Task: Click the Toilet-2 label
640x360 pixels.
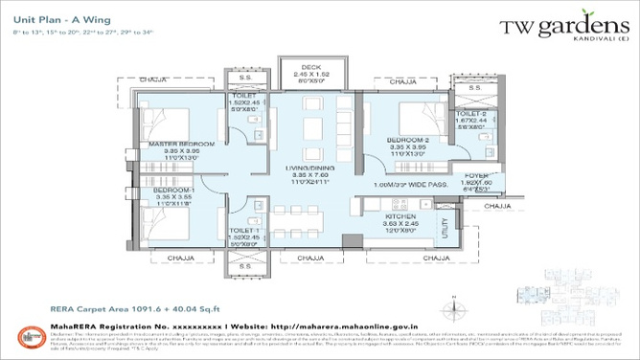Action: (x=469, y=115)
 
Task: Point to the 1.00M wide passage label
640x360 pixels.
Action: (x=420, y=184)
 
